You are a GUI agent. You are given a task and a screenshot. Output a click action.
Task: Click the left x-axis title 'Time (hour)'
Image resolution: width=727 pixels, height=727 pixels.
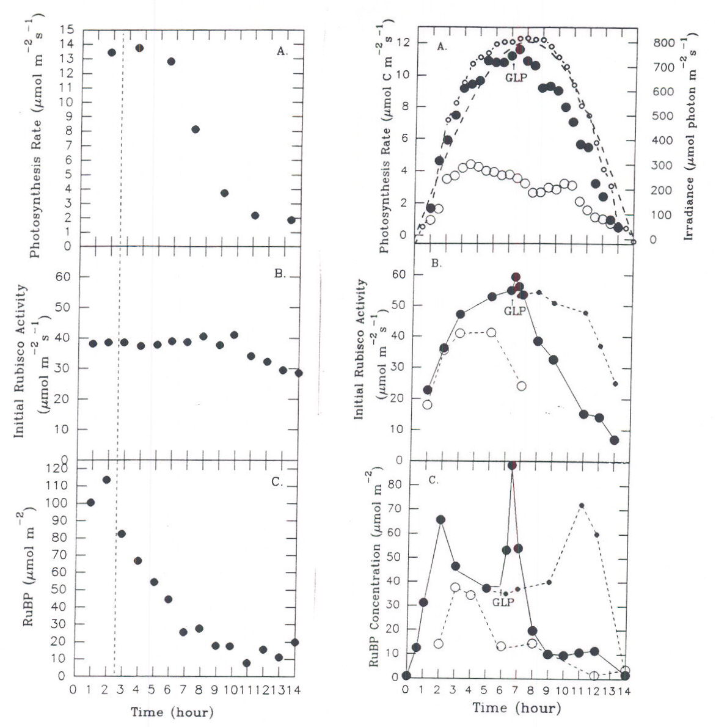click(x=172, y=712)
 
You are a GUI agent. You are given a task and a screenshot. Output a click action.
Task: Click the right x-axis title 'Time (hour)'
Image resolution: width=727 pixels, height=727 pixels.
click(x=516, y=708)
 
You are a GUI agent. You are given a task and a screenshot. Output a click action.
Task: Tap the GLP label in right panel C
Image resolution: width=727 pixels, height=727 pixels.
click(x=503, y=602)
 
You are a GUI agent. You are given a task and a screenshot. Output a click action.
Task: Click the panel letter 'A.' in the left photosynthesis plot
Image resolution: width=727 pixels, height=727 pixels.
click(x=281, y=51)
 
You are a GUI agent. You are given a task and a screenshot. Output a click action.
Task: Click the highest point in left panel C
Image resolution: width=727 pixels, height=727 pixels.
click(x=106, y=480)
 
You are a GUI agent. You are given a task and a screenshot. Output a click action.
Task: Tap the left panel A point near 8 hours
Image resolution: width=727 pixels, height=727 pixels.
click(x=195, y=129)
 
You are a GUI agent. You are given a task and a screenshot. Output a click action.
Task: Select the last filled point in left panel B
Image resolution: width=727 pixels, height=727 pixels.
click(x=298, y=373)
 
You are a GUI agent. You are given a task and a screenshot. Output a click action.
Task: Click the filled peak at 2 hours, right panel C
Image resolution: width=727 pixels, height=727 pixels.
click(x=440, y=519)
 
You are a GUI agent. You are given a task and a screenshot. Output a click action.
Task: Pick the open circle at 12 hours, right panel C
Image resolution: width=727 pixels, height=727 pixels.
click(x=594, y=675)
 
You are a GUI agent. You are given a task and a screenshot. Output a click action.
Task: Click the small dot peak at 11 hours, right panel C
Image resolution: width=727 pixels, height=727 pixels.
click(x=582, y=505)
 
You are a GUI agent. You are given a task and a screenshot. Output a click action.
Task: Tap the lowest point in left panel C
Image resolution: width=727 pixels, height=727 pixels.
click(x=246, y=663)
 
